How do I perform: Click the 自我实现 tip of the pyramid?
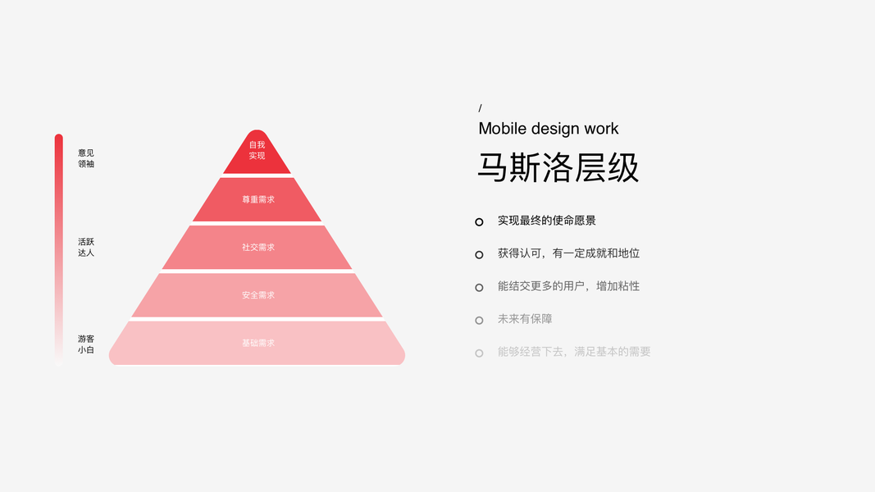[x=257, y=151]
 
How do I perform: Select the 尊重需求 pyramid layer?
[x=257, y=199]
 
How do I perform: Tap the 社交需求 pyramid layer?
[x=257, y=247]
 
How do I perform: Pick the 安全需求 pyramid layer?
[x=257, y=295]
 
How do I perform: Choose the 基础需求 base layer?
[x=257, y=343]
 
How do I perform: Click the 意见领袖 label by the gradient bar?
[x=86, y=158]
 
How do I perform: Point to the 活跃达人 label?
[x=86, y=247]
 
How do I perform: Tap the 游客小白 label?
[x=86, y=344]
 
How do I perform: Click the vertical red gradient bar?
[x=59, y=246]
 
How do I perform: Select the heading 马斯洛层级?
[x=558, y=167]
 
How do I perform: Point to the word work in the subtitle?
[x=601, y=129]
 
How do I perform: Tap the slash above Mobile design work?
[x=481, y=108]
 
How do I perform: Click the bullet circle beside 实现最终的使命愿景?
[x=479, y=221]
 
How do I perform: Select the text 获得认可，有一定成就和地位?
[x=568, y=253]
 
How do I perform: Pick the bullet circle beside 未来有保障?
[x=479, y=320]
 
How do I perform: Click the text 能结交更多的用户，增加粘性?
[x=568, y=286]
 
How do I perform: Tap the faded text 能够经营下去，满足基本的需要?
[x=574, y=352]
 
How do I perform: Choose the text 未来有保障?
[x=525, y=319]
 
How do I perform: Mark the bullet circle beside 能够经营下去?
[x=479, y=353]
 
